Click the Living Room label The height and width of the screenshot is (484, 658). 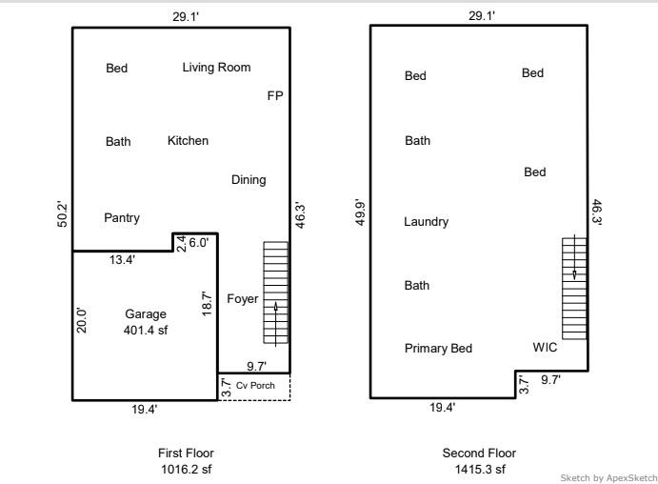coord(216,68)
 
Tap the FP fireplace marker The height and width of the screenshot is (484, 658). coord(275,95)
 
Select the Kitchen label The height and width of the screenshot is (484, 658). coord(188,141)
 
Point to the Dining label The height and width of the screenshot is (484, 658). coord(249,180)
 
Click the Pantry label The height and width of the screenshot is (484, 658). coord(122,218)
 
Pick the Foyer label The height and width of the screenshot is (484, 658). coord(243,299)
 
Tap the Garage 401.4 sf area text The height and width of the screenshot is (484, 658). coord(146,322)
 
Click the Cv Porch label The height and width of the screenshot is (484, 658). coord(255,385)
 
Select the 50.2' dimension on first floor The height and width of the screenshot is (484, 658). coord(62,214)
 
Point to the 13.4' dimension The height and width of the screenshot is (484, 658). coord(122,260)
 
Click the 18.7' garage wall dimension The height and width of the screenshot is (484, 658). coord(207,304)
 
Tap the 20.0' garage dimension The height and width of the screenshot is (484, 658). coord(82,321)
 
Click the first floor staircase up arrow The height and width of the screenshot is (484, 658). coord(276,324)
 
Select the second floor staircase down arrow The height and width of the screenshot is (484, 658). coord(574,257)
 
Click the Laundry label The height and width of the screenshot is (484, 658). coord(426,222)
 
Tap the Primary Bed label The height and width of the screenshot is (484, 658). coord(439,349)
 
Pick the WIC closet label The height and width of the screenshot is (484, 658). coord(545,347)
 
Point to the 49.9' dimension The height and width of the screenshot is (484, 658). coord(361,212)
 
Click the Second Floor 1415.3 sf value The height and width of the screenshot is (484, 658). coord(480,469)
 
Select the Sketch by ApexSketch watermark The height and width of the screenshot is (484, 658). coord(608,477)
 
